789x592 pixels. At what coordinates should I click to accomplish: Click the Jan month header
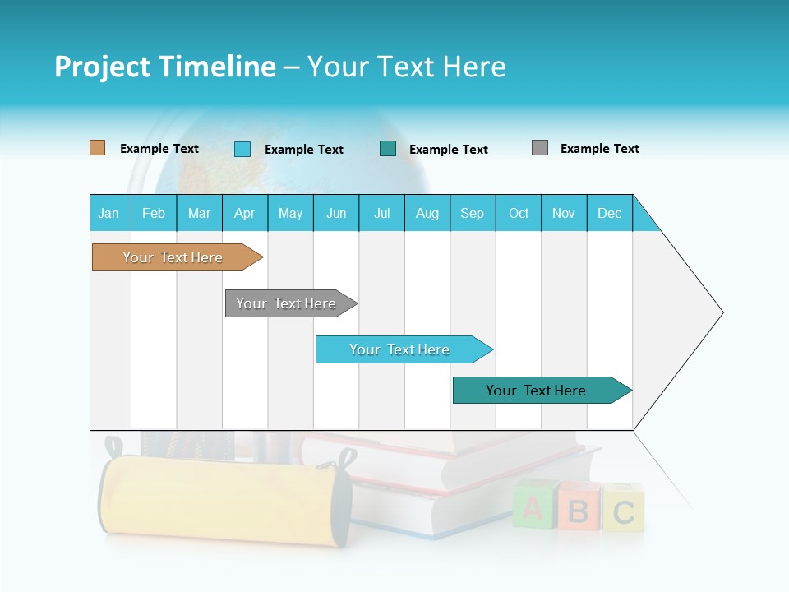[108, 214]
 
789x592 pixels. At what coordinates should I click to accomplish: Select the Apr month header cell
[244, 214]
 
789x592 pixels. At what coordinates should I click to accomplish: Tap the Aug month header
[427, 214]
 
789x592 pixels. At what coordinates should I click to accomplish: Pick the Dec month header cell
[609, 214]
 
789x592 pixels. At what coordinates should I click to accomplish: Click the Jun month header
[335, 214]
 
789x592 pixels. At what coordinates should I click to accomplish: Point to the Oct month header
[518, 214]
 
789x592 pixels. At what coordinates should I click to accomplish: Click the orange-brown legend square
[97, 148]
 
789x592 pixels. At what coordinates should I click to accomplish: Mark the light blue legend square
[242, 149]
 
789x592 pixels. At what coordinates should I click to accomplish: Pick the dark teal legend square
[388, 149]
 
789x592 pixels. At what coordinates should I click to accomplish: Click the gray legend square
[539, 148]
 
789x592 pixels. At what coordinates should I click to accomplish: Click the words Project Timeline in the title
[164, 67]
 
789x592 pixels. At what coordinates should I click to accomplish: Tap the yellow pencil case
[222, 499]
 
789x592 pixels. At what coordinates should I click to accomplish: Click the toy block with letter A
[533, 507]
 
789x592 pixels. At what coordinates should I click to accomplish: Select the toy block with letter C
[623, 509]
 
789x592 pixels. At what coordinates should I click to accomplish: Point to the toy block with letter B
[578, 509]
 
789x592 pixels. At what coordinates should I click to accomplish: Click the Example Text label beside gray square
[599, 149]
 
